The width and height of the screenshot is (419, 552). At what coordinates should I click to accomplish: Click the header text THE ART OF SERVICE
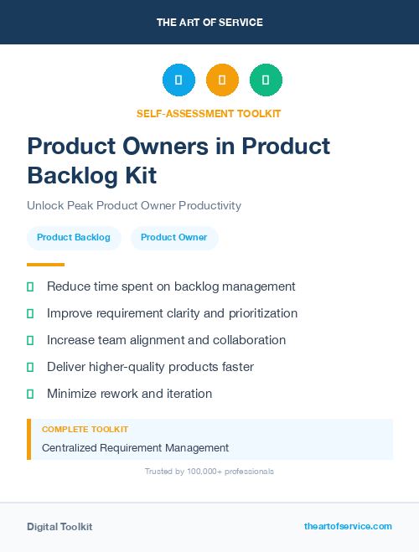(209, 23)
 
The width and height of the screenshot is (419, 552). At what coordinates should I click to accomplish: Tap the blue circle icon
(178, 80)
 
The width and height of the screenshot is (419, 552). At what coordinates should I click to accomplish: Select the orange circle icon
(222, 80)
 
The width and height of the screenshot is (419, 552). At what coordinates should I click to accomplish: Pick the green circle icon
(266, 80)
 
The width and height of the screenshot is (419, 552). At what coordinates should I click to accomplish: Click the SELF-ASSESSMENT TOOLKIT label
(209, 113)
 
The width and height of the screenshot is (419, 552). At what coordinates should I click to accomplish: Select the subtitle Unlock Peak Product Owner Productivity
(134, 205)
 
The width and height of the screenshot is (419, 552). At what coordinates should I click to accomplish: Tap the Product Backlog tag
(74, 238)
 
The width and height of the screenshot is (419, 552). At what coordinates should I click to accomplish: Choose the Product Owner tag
(173, 238)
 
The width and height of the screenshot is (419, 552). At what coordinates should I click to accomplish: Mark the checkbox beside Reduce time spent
(30, 286)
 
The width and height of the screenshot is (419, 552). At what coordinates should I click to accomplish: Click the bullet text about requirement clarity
(172, 313)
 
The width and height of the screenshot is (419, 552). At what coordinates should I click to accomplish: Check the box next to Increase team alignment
(30, 340)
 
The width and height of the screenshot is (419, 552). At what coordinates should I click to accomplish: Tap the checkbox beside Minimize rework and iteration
(30, 394)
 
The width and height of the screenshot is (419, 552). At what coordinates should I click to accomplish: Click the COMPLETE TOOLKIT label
(85, 429)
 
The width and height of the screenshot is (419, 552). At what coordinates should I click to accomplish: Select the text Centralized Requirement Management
(135, 448)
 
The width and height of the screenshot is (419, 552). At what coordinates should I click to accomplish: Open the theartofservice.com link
(348, 526)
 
